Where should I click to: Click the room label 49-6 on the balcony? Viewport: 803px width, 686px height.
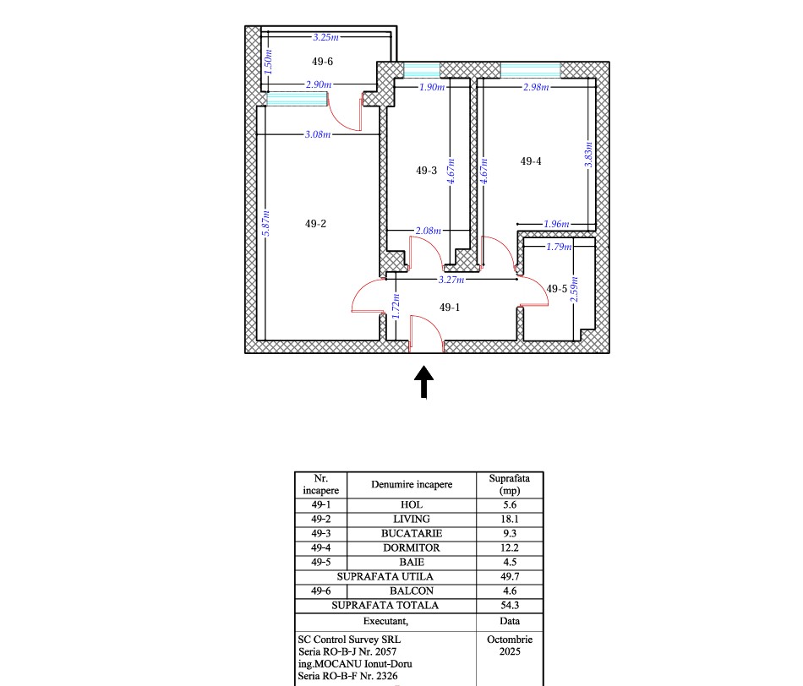pyautogui.click(x=322, y=62)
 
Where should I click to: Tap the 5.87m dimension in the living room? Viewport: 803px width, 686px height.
pyautogui.click(x=265, y=223)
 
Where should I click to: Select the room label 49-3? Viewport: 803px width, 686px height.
pyautogui.click(x=426, y=171)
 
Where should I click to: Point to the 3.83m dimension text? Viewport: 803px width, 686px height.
pyautogui.click(x=588, y=155)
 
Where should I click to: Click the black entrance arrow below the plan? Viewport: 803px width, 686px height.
pyautogui.click(x=423, y=381)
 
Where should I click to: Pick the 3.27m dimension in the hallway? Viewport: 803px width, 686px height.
pyautogui.click(x=451, y=280)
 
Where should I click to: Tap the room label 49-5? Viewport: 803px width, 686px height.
pyautogui.click(x=557, y=289)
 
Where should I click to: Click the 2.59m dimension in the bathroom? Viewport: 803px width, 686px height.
pyautogui.click(x=574, y=289)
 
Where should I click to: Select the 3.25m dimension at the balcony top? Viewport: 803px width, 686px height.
pyautogui.click(x=325, y=37)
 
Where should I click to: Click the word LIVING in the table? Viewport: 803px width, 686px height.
pyautogui.click(x=412, y=519)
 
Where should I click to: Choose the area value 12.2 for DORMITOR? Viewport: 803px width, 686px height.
pyautogui.click(x=510, y=547)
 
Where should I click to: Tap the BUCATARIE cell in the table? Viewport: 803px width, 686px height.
pyautogui.click(x=412, y=533)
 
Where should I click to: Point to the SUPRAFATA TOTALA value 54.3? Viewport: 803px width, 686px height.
pyautogui.click(x=510, y=605)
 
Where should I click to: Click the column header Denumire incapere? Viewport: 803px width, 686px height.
pyautogui.click(x=412, y=484)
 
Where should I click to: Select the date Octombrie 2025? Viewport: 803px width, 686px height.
pyautogui.click(x=510, y=645)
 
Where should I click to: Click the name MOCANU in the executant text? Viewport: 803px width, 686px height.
pyautogui.click(x=338, y=664)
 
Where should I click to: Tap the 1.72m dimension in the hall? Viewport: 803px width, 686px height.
pyautogui.click(x=396, y=306)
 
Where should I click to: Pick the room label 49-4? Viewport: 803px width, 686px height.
pyautogui.click(x=531, y=161)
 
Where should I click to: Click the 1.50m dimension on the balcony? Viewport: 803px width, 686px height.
pyautogui.click(x=268, y=62)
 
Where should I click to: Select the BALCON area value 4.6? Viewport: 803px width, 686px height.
pyautogui.click(x=510, y=591)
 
